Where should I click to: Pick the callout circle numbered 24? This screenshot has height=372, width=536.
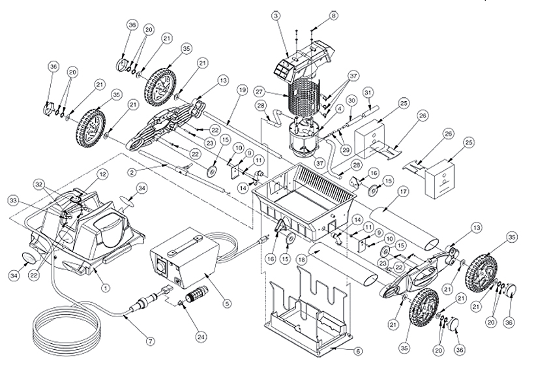202,337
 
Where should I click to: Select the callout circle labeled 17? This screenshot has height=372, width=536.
402,192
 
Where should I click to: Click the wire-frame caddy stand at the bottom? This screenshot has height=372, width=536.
306,307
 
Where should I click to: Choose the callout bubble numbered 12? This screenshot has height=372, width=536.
102,175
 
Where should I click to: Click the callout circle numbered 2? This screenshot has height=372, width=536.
133,172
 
